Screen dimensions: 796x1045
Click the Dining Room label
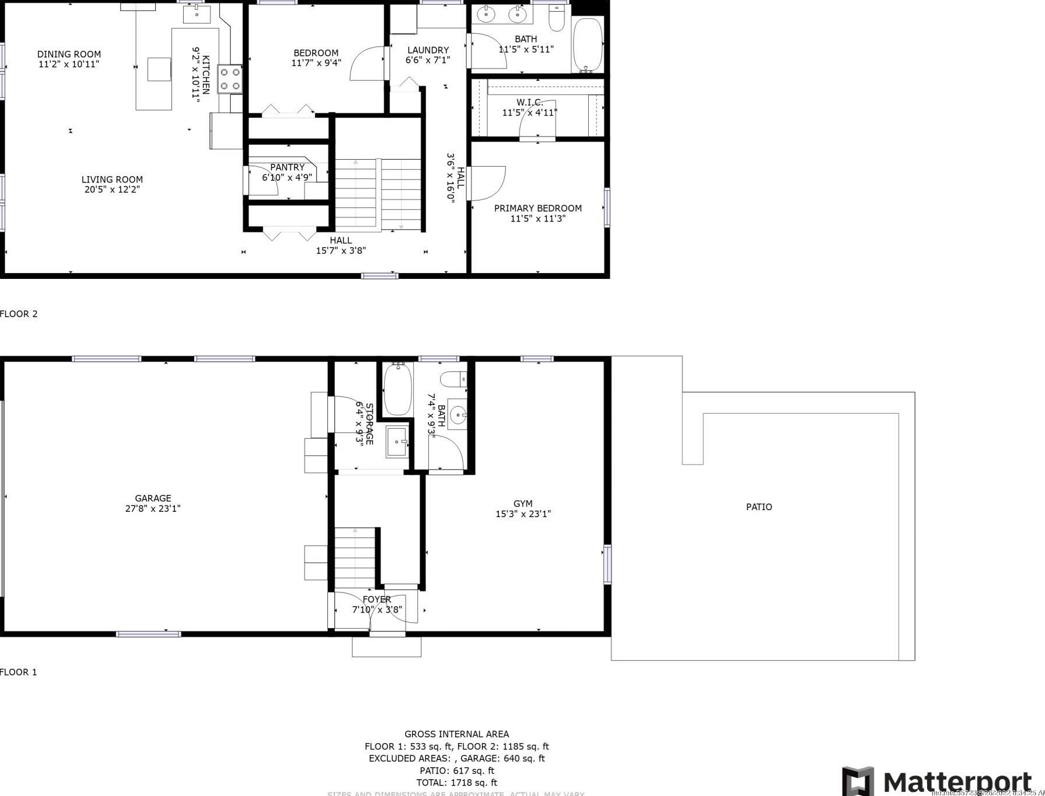pyautogui.click(x=69, y=54)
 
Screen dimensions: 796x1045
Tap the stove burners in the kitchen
pyautogui.click(x=230, y=79)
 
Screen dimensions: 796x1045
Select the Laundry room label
pyautogui.click(x=428, y=50)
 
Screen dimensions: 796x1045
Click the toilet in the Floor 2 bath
pyautogui.click(x=557, y=19)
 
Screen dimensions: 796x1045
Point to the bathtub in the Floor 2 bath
pyautogui.click(x=588, y=44)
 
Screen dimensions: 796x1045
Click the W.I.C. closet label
pyautogui.click(x=529, y=102)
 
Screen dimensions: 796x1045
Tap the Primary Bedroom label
pyautogui.click(x=538, y=208)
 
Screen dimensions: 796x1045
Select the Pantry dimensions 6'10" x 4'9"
pyautogui.click(x=287, y=177)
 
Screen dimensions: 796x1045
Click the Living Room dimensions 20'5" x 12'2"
pyautogui.click(x=112, y=189)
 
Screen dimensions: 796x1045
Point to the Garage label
pyautogui.click(x=153, y=498)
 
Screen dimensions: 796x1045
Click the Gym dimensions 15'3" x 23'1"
pyautogui.click(x=523, y=514)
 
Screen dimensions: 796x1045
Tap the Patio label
pyautogui.click(x=759, y=507)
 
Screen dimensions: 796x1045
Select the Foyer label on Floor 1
pyautogui.click(x=377, y=599)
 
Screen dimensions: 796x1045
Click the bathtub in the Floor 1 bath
pyautogui.click(x=398, y=389)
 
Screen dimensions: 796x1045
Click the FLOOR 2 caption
pyautogui.click(x=19, y=314)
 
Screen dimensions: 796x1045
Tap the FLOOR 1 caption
pyautogui.click(x=19, y=672)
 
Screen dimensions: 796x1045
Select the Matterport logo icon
pyautogui.click(x=858, y=781)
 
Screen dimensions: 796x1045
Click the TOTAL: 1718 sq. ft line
pyautogui.click(x=457, y=783)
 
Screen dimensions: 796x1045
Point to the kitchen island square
pyautogui.click(x=159, y=69)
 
